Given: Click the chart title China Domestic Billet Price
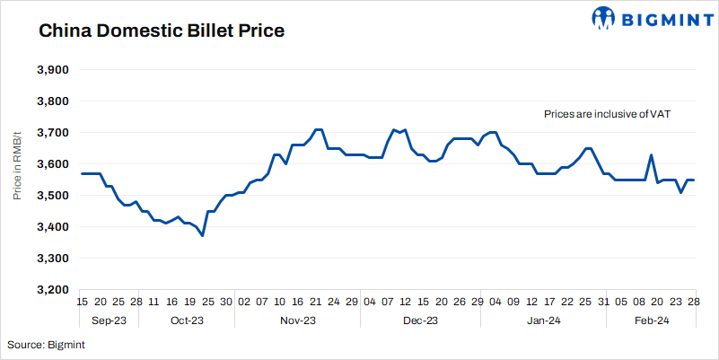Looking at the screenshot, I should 161,31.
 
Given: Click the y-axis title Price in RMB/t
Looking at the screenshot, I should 18,180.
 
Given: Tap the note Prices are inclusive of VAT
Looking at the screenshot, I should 607,115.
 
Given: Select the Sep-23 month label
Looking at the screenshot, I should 109,320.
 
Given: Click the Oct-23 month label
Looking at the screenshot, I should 186,320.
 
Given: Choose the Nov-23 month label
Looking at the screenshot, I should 298,320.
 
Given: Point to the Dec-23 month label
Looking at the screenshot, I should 420,320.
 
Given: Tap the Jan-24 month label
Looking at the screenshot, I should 544,320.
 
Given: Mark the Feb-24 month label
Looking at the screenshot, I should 652,320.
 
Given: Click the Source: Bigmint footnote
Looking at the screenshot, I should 46,345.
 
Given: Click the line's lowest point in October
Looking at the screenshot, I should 203,235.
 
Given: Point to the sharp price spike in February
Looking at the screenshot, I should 651,155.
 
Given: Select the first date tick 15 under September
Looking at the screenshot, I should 83,303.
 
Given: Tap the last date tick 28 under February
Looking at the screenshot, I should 694,303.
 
